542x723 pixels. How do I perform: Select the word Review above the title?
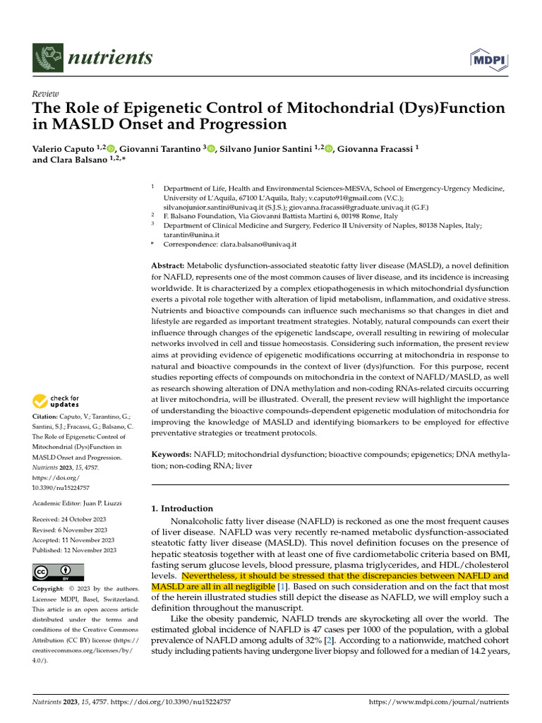coord(46,94)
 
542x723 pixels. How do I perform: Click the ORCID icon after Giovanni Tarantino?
coord(210,148)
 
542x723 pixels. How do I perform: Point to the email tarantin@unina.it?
coord(191,234)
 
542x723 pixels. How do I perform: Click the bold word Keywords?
coord(172,455)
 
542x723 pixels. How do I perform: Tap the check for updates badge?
coord(56,402)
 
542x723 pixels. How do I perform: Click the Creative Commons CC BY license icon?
coord(58,572)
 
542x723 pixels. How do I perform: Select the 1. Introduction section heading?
coord(182,508)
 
